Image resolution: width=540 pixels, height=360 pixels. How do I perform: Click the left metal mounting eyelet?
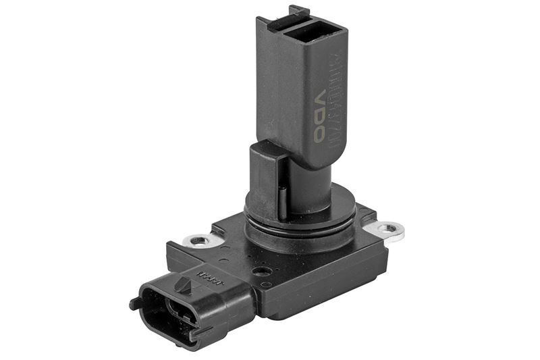click(x=197, y=240)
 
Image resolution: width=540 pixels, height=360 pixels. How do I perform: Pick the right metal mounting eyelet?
click(x=389, y=230)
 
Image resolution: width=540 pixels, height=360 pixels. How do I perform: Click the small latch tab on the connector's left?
click(x=135, y=303)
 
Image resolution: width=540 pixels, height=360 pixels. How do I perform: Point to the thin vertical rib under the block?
click(x=281, y=199)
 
